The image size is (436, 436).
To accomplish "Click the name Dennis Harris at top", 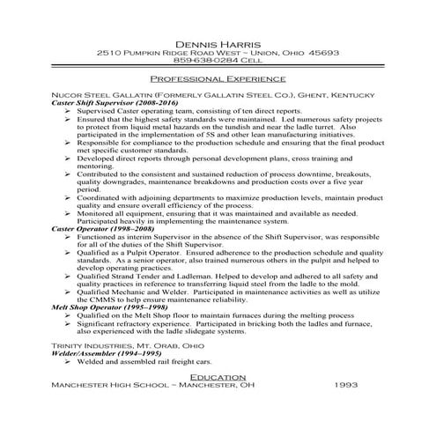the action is [218, 43].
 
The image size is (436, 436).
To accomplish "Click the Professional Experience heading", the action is [218, 78].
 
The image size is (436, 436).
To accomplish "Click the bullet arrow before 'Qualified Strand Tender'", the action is [68, 275].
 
